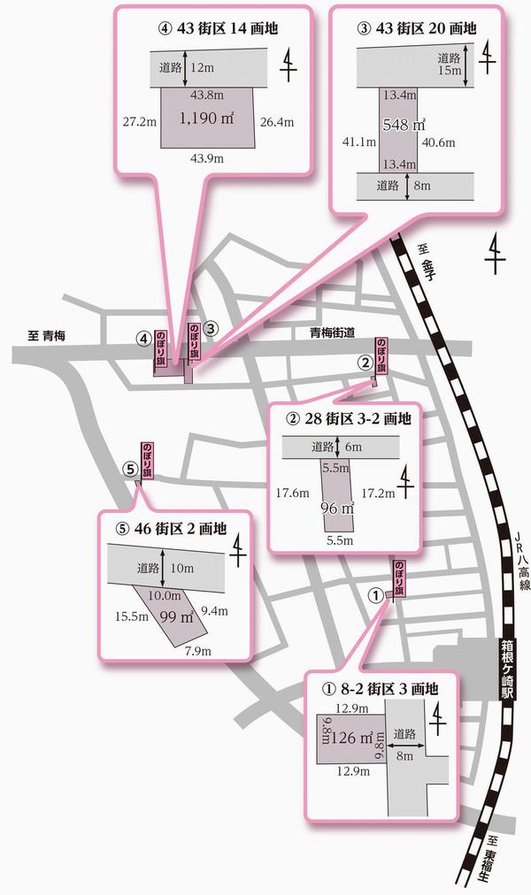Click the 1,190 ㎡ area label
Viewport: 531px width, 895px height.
point(208,118)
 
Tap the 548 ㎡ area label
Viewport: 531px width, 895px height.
point(404,125)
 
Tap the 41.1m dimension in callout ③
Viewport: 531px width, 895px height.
point(356,140)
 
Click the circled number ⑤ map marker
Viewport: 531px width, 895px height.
point(129,468)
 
